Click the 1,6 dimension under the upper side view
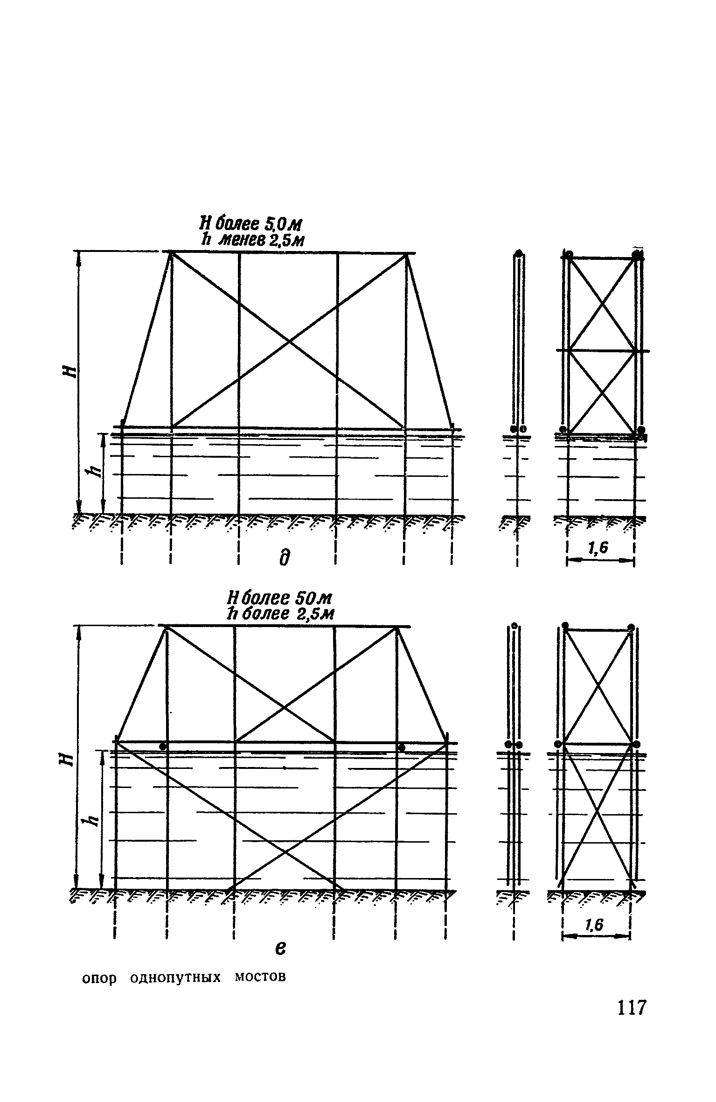point(599,549)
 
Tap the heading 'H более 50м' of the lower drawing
point(279,598)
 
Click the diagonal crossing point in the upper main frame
point(289,342)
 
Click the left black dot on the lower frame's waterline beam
point(162,746)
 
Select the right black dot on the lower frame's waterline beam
point(401,748)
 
